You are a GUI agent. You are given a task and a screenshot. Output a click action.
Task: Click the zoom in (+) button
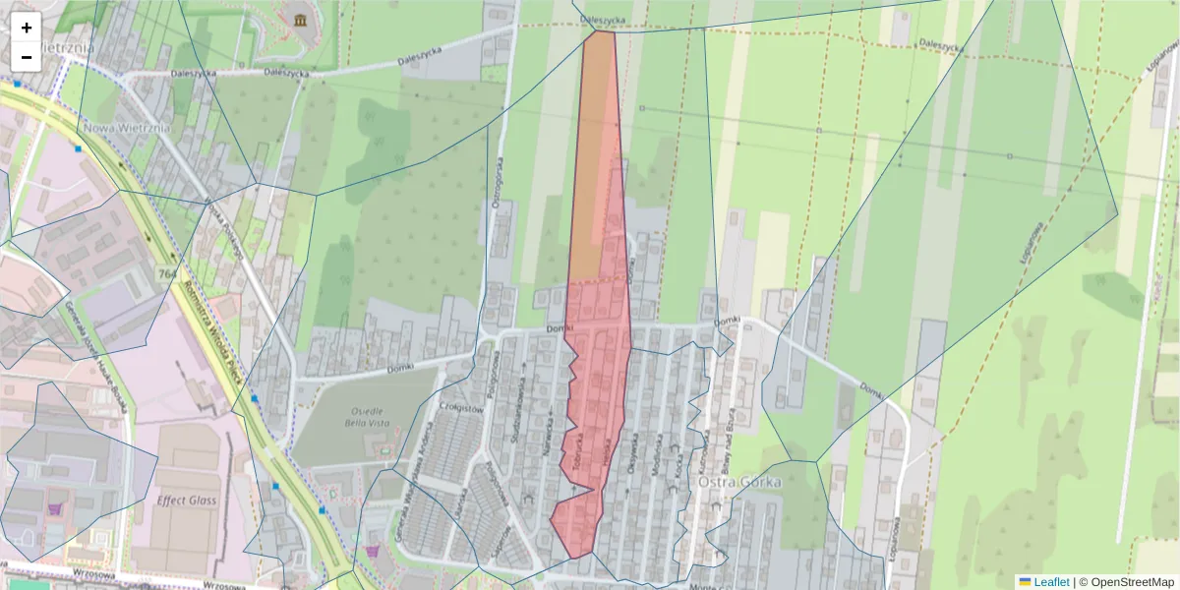pos(27,28)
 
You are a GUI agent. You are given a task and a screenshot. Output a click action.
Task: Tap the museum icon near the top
pos(298,19)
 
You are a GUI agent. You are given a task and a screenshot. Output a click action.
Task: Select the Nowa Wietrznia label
pos(127,127)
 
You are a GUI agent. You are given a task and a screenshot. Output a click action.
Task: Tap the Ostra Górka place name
pos(739,483)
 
